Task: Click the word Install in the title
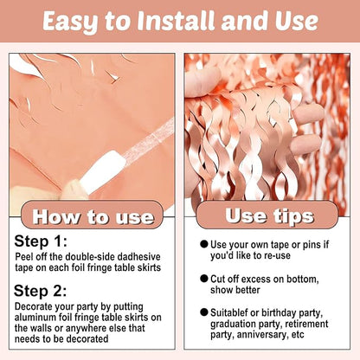click(176, 21)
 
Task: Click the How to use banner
click(93, 215)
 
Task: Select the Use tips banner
click(267, 215)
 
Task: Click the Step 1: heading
click(41, 241)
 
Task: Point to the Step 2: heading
click(40, 291)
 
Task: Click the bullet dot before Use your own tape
click(204, 244)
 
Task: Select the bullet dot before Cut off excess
click(204, 279)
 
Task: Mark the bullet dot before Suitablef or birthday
click(204, 312)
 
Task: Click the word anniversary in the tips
click(261, 335)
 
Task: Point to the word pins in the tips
click(312, 245)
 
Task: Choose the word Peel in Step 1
click(22, 256)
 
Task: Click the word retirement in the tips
click(306, 324)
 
